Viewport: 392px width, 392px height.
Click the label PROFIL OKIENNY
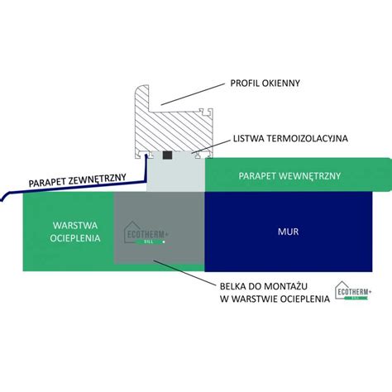pos(265,84)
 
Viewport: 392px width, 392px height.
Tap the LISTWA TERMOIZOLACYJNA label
pos(290,138)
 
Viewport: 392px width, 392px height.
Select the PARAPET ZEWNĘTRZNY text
pos(78,180)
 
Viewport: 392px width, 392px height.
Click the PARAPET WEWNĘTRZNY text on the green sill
pos(289,176)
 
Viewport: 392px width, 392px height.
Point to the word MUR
pos(288,232)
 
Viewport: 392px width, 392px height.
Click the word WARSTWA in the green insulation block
pos(75,226)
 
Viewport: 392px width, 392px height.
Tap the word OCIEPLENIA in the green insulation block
pos(75,238)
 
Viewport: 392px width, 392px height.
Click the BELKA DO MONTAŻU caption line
pos(264,286)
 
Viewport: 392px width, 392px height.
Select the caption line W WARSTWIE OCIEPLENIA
pos(275,299)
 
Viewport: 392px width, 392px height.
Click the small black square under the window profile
pos(167,155)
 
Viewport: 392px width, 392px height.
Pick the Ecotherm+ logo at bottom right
pos(353,290)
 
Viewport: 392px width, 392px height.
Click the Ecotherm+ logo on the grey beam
pos(146,233)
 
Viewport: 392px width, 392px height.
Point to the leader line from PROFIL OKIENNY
pos(194,93)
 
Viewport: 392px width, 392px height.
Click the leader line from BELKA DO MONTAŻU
pos(184,272)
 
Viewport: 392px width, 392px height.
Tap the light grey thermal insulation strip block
pos(175,172)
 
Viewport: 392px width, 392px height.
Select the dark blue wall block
pos(289,232)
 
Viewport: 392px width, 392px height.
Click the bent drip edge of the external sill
pos(5,196)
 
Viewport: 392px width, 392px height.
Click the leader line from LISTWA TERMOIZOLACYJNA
pos(211,146)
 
